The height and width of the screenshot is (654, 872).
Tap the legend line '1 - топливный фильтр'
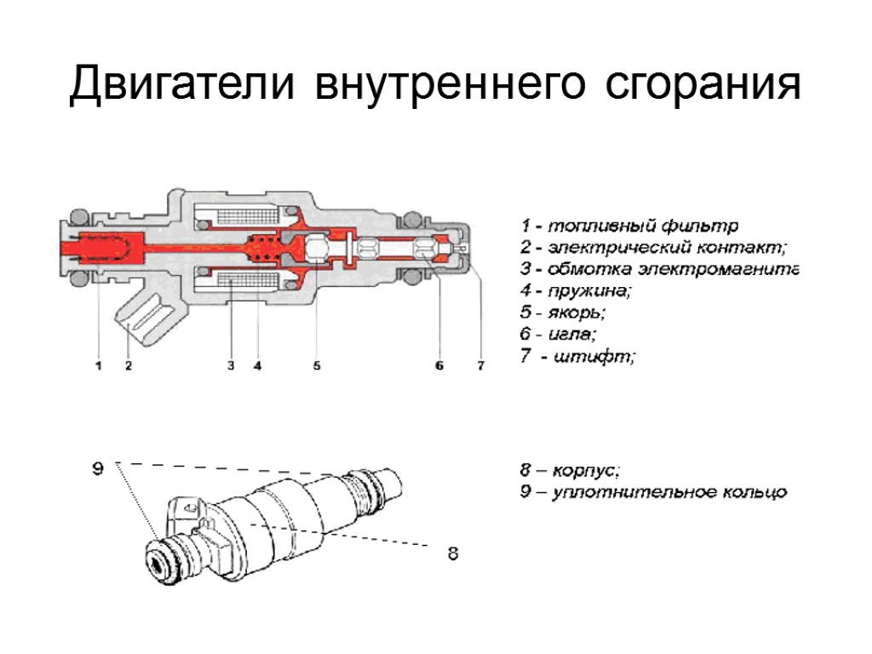pyautogui.click(x=629, y=227)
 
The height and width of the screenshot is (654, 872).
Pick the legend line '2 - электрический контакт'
pyautogui.click(x=654, y=248)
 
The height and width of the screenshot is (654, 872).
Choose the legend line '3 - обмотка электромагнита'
pyautogui.click(x=659, y=270)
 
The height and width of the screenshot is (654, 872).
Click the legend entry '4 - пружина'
pyautogui.click(x=577, y=292)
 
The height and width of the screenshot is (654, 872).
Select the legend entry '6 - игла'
pyautogui.click(x=559, y=336)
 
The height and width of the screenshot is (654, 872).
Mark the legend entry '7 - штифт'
pyautogui.click(x=577, y=358)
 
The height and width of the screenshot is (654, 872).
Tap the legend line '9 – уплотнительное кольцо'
pyautogui.click(x=653, y=491)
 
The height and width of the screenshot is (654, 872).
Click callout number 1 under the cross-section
pyautogui.click(x=98, y=366)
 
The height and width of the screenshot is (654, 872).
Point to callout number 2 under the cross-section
pyautogui.click(x=128, y=366)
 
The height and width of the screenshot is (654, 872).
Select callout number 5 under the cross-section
pyautogui.click(x=316, y=366)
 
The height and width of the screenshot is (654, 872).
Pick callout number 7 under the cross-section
pyautogui.click(x=480, y=366)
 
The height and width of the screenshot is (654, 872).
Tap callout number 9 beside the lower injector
pyautogui.click(x=98, y=468)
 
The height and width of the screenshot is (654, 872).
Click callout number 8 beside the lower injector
pyautogui.click(x=453, y=554)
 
